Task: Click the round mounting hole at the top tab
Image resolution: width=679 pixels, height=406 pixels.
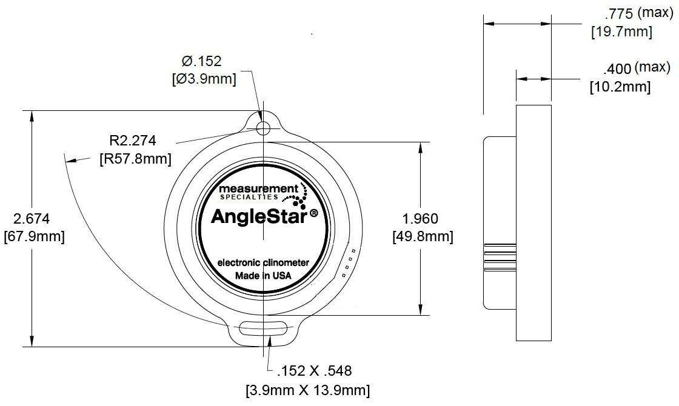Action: click(x=263, y=128)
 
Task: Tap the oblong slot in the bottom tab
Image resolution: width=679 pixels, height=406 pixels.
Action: click(x=263, y=328)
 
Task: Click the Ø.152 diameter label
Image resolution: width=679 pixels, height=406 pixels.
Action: click(x=202, y=61)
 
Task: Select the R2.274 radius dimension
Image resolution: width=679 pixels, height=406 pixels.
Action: click(x=133, y=141)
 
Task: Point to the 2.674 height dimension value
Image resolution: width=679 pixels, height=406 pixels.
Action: click(x=32, y=219)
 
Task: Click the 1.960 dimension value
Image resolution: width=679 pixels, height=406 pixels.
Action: click(x=420, y=219)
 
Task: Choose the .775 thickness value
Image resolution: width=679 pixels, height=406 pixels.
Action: click(x=619, y=15)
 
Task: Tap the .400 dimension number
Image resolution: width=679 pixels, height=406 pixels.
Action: click(x=617, y=69)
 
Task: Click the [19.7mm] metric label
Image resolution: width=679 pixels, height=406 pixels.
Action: click(x=621, y=32)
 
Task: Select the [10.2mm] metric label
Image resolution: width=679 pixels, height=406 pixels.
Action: click(x=620, y=87)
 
